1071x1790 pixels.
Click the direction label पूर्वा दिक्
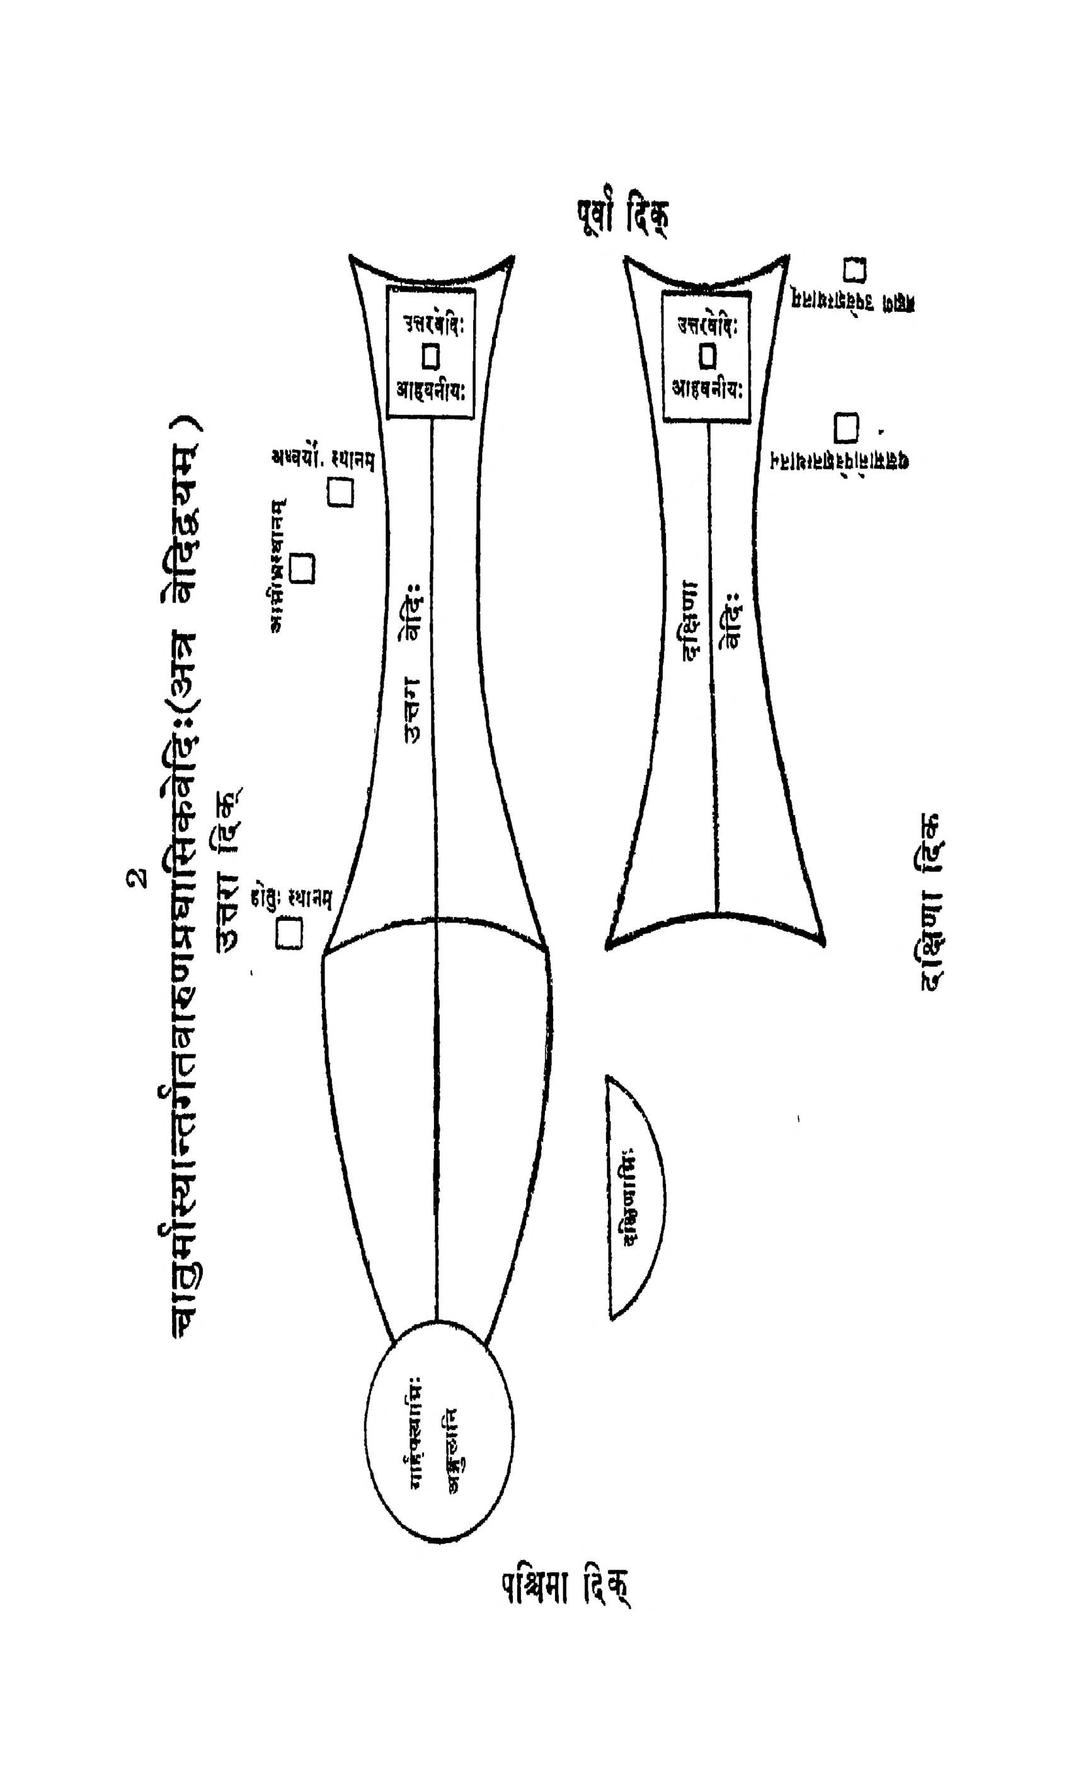pyautogui.click(x=621, y=217)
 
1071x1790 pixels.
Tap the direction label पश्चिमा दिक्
pyautogui.click(x=565, y=1607)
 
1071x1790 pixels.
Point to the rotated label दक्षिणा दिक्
pyautogui.click(x=932, y=903)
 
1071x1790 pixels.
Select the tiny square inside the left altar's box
pyautogui.click(x=432, y=356)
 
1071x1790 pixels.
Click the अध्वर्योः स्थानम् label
pyautogui.click(x=323, y=460)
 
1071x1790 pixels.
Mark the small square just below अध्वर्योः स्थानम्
pyautogui.click(x=341, y=494)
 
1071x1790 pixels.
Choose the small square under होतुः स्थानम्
pyautogui.click(x=289, y=933)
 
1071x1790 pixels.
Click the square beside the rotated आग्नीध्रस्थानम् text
pyautogui.click(x=302, y=569)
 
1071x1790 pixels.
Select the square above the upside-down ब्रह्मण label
pyautogui.click(x=855, y=270)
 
